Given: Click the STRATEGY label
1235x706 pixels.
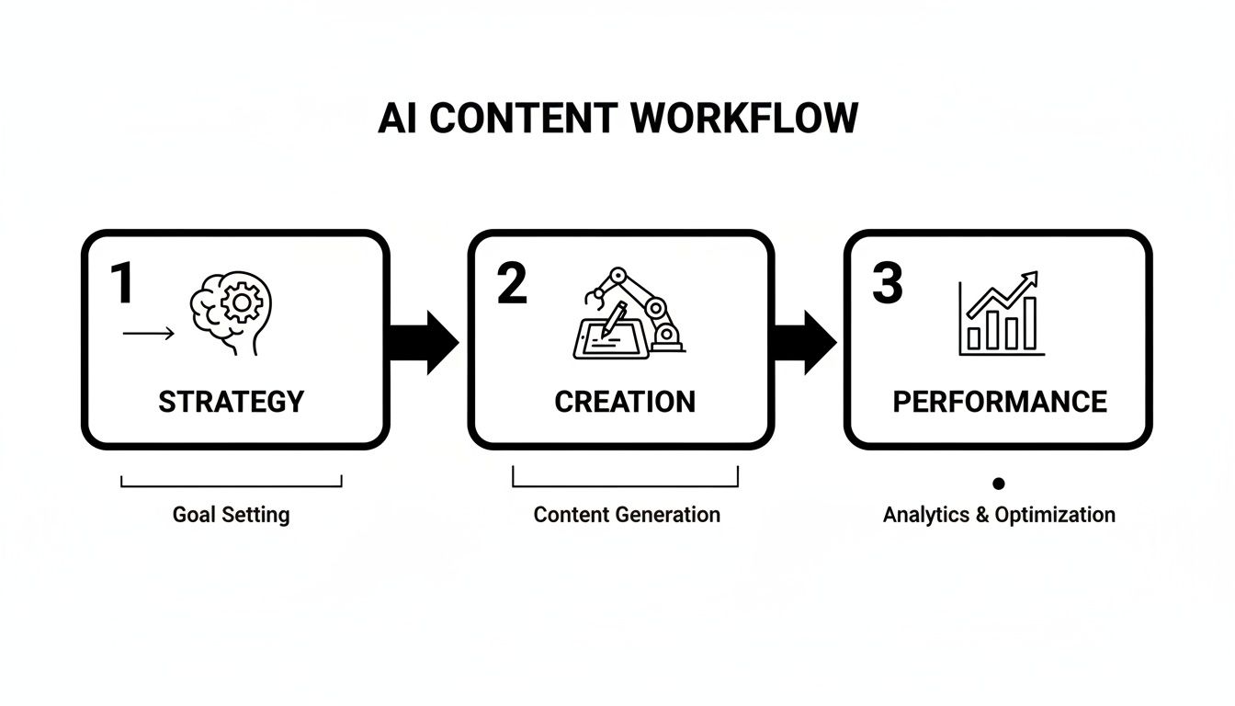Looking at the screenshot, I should [231, 402].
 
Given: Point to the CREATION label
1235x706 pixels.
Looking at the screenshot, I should [625, 402].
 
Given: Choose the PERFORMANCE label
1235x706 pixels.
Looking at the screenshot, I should [1000, 402].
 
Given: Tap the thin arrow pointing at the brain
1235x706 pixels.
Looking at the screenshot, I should [148, 334].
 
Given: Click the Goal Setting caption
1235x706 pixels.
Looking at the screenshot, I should [231, 514].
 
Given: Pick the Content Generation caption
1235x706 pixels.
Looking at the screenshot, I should [627, 514].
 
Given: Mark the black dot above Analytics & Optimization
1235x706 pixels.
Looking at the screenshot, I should [999, 484].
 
